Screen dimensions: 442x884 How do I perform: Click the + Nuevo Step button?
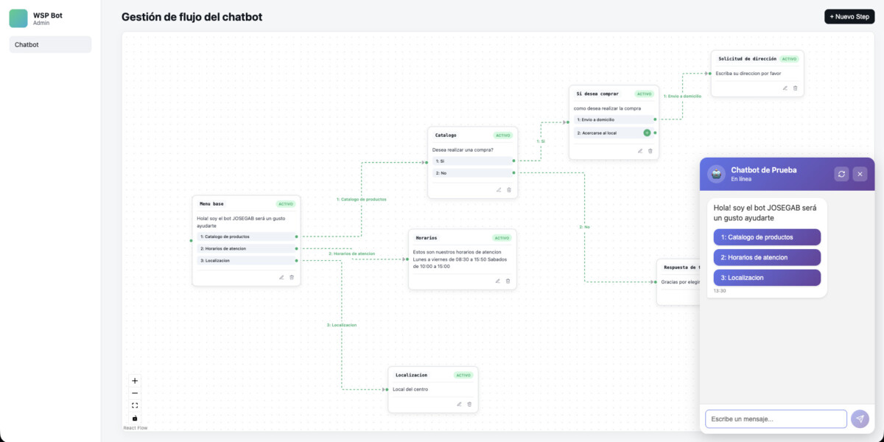849,16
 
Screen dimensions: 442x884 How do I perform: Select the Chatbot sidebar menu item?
50,44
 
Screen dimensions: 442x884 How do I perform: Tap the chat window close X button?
860,174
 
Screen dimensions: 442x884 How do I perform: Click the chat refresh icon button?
841,174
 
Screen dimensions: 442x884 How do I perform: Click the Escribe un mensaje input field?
776,419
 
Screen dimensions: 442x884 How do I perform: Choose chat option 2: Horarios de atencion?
767,257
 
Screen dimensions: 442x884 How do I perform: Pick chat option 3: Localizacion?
767,278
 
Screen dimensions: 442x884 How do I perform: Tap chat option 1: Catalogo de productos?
767,237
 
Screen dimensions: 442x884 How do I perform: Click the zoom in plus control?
135,381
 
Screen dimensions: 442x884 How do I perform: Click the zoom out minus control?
135,393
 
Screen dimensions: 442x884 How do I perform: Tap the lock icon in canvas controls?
135,418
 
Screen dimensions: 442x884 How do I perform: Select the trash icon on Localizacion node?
469,404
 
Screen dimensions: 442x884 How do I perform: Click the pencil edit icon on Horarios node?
497,281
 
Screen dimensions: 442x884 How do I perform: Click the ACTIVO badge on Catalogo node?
503,136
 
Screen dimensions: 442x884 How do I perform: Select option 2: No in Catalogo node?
471,173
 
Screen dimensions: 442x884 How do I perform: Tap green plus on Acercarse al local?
647,133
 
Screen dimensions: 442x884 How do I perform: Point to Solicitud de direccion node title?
747,58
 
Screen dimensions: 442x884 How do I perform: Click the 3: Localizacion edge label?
342,325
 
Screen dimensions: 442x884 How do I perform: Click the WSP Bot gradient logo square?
18,18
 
